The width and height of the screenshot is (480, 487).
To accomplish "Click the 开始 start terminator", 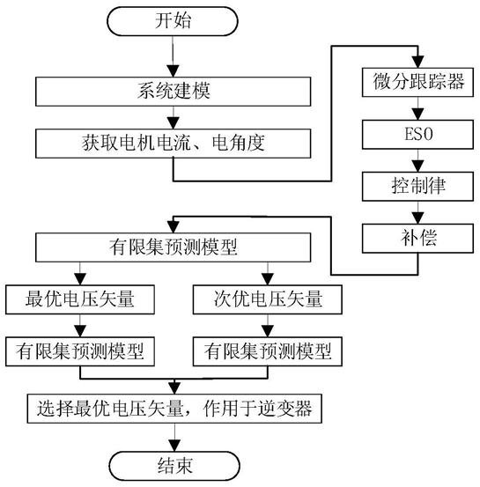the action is pyautogui.click(x=173, y=21).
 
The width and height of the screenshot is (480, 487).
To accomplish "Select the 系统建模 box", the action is pyautogui.click(x=173, y=92).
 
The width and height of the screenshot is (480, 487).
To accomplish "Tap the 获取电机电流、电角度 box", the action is pyautogui.click(x=173, y=144).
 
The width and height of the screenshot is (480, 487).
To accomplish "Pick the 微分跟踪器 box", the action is pyautogui.click(x=417, y=82).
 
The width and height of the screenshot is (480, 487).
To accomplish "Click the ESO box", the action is pyautogui.click(x=417, y=135).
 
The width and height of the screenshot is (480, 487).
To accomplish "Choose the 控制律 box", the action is pyautogui.click(x=417, y=187).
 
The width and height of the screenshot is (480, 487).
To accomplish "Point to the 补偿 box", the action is pyautogui.click(x=417, y=239).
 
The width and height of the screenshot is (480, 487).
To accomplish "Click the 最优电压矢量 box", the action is pyautogui.click(x=80, y=299).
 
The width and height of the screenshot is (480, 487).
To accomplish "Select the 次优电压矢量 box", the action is pyautogui.click(x=268, y=299).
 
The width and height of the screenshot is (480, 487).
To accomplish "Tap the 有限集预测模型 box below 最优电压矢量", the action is pyautogui.click(x=80, y=351).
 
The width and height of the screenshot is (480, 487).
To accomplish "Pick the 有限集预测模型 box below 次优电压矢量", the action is pyautogui.click(x=268, y=351).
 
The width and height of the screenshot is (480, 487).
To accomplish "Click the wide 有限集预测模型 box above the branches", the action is pyautogui.click(x=173, y=247).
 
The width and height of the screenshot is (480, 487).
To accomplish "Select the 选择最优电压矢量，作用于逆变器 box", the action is pyautogui.click(x=174, y=409).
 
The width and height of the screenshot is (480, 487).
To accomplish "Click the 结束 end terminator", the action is pyautogui.click(x=174, y=466).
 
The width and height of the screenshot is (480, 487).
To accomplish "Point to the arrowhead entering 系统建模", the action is pyautogui.click(x=173, y=71).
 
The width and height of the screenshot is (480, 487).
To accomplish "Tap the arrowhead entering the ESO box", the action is pyautogui.click(x=417, y=114).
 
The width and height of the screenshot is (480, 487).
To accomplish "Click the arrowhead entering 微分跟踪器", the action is pyautogui.click(x=417, y=62).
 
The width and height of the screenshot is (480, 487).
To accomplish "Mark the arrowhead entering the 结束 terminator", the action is pyautogui.click(x=174, y=446).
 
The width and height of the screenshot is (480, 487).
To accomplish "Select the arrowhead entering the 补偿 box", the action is pyautogui.click(x=417, y=218).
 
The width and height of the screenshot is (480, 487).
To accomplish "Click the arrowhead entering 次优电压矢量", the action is pyautogui.click(x=268, y=279).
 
